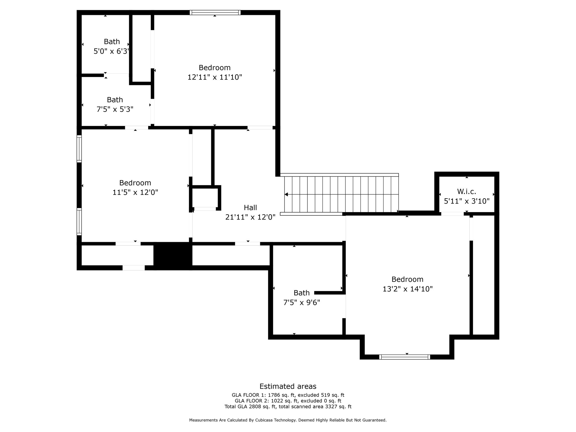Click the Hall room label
pyautogui.click(x=250, y=208)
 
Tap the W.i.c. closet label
pyautogui.click(x=467, y=192)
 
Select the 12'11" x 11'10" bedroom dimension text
pyautogui.click(x=215, y=77)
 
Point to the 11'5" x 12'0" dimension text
pyautogui.click(x=135, y=192)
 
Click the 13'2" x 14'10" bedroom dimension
pyautogui.click(x=408, y=289)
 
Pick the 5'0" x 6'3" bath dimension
pyautogui.click(x=111, y=51)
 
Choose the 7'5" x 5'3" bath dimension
pyautogui.click(x=115, y=109)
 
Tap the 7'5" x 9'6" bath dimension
pyautogui.click(x=301, y=302)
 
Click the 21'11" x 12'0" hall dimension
pyautogui.click(x=250, y=217)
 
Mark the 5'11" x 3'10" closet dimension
pyautogui.click(x=467, y=201)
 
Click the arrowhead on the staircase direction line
pyautogui.click(x=286, y=194)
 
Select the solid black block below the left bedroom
pyautogui.click(x=173, y=256)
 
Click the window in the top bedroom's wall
pyautogui.click(x=215, y=12)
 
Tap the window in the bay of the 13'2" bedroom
pyautogui.click(x=404, y=357)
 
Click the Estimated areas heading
pyautogui.click(x=288, y=386)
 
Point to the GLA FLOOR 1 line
pyautogui.click(x=288, y=395)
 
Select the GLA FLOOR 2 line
pyautogui.click(x=288, y=401)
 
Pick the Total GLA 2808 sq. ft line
pyautogui.click(x=288, y=407)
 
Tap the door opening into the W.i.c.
pyautogui.click(x=452, y=214)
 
